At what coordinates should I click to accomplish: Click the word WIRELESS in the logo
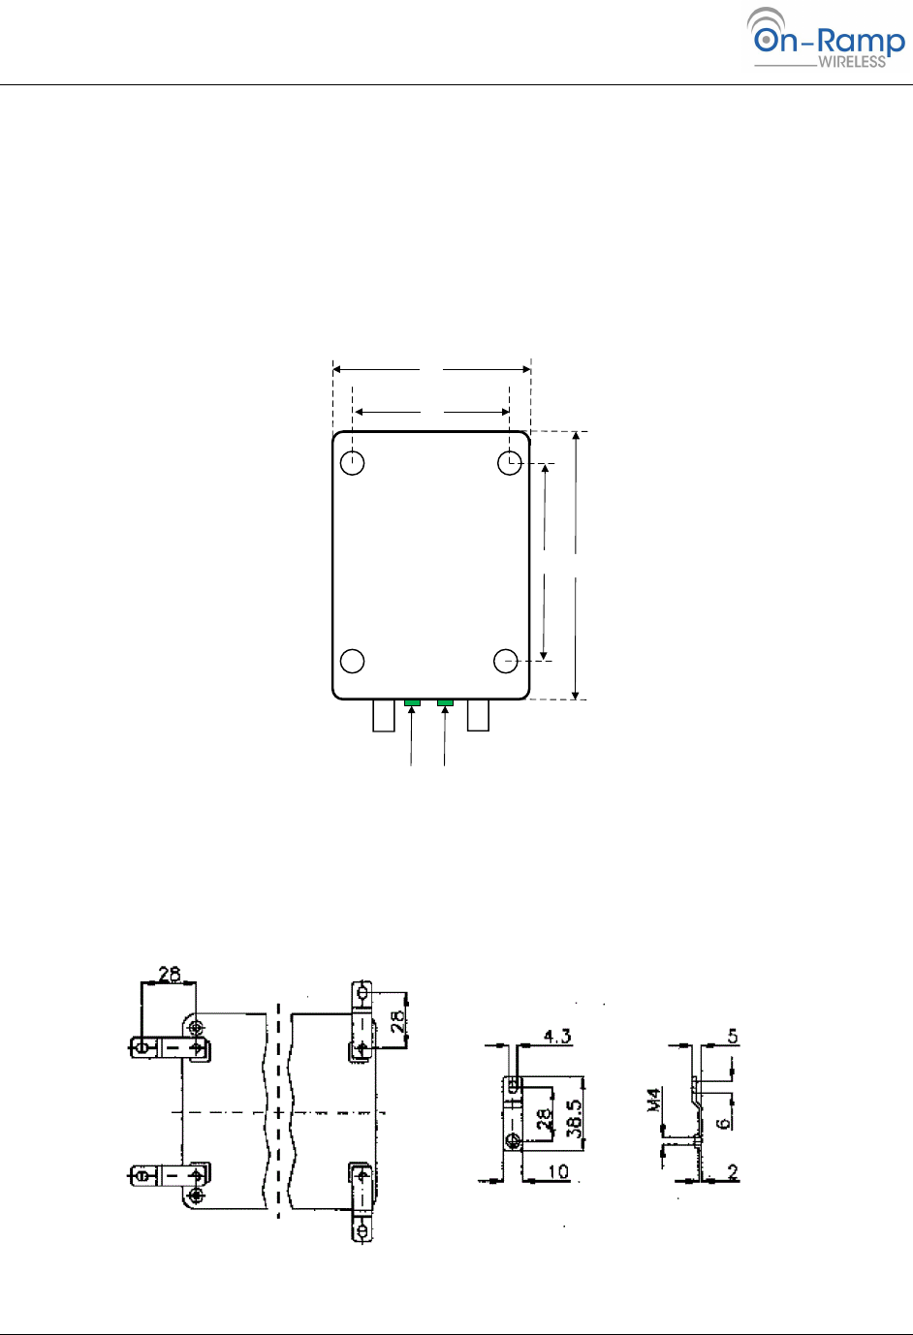pos(852,62)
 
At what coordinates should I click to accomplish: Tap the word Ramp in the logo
pos(861,42)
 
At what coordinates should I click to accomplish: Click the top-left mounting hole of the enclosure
pos(352,462)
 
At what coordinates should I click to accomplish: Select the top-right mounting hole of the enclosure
pos(509,462)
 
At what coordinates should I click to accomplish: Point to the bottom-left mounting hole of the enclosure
pos(352,661)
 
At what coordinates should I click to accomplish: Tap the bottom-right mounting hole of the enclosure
pos(506,661)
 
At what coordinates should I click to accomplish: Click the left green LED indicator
pos(412,702)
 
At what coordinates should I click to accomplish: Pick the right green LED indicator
pos(445,702)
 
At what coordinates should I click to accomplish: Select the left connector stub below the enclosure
pos(384,715)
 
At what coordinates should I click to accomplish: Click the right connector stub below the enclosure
pos(478,715)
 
